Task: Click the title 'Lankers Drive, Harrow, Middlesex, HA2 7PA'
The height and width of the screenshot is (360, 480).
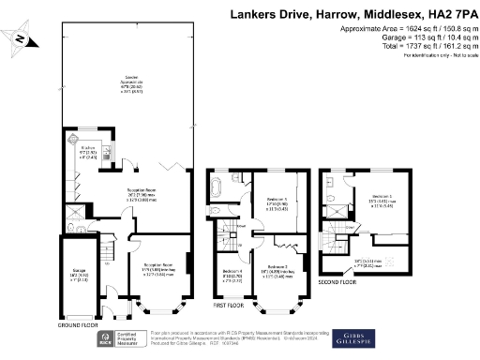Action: tap(351, 15)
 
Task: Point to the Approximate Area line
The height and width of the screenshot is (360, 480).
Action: tap(402, 30)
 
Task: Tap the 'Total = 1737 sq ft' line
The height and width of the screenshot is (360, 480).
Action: tap(407, 47)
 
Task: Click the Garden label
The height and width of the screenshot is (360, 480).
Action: tap(120, 82)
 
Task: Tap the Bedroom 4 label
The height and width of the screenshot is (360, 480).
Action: tap(228, 248)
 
